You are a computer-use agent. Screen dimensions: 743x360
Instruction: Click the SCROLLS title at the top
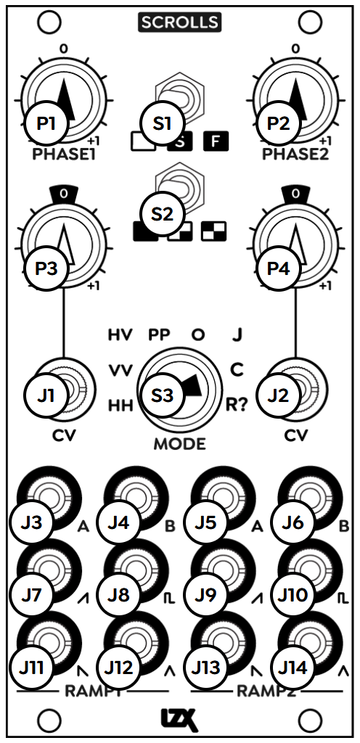(179, 22)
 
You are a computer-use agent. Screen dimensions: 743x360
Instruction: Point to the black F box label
(216, 141)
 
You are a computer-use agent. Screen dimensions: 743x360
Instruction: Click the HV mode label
(120, 335)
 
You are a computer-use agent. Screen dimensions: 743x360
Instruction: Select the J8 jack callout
(118, 595)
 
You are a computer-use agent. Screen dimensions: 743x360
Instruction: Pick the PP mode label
(160, 335)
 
